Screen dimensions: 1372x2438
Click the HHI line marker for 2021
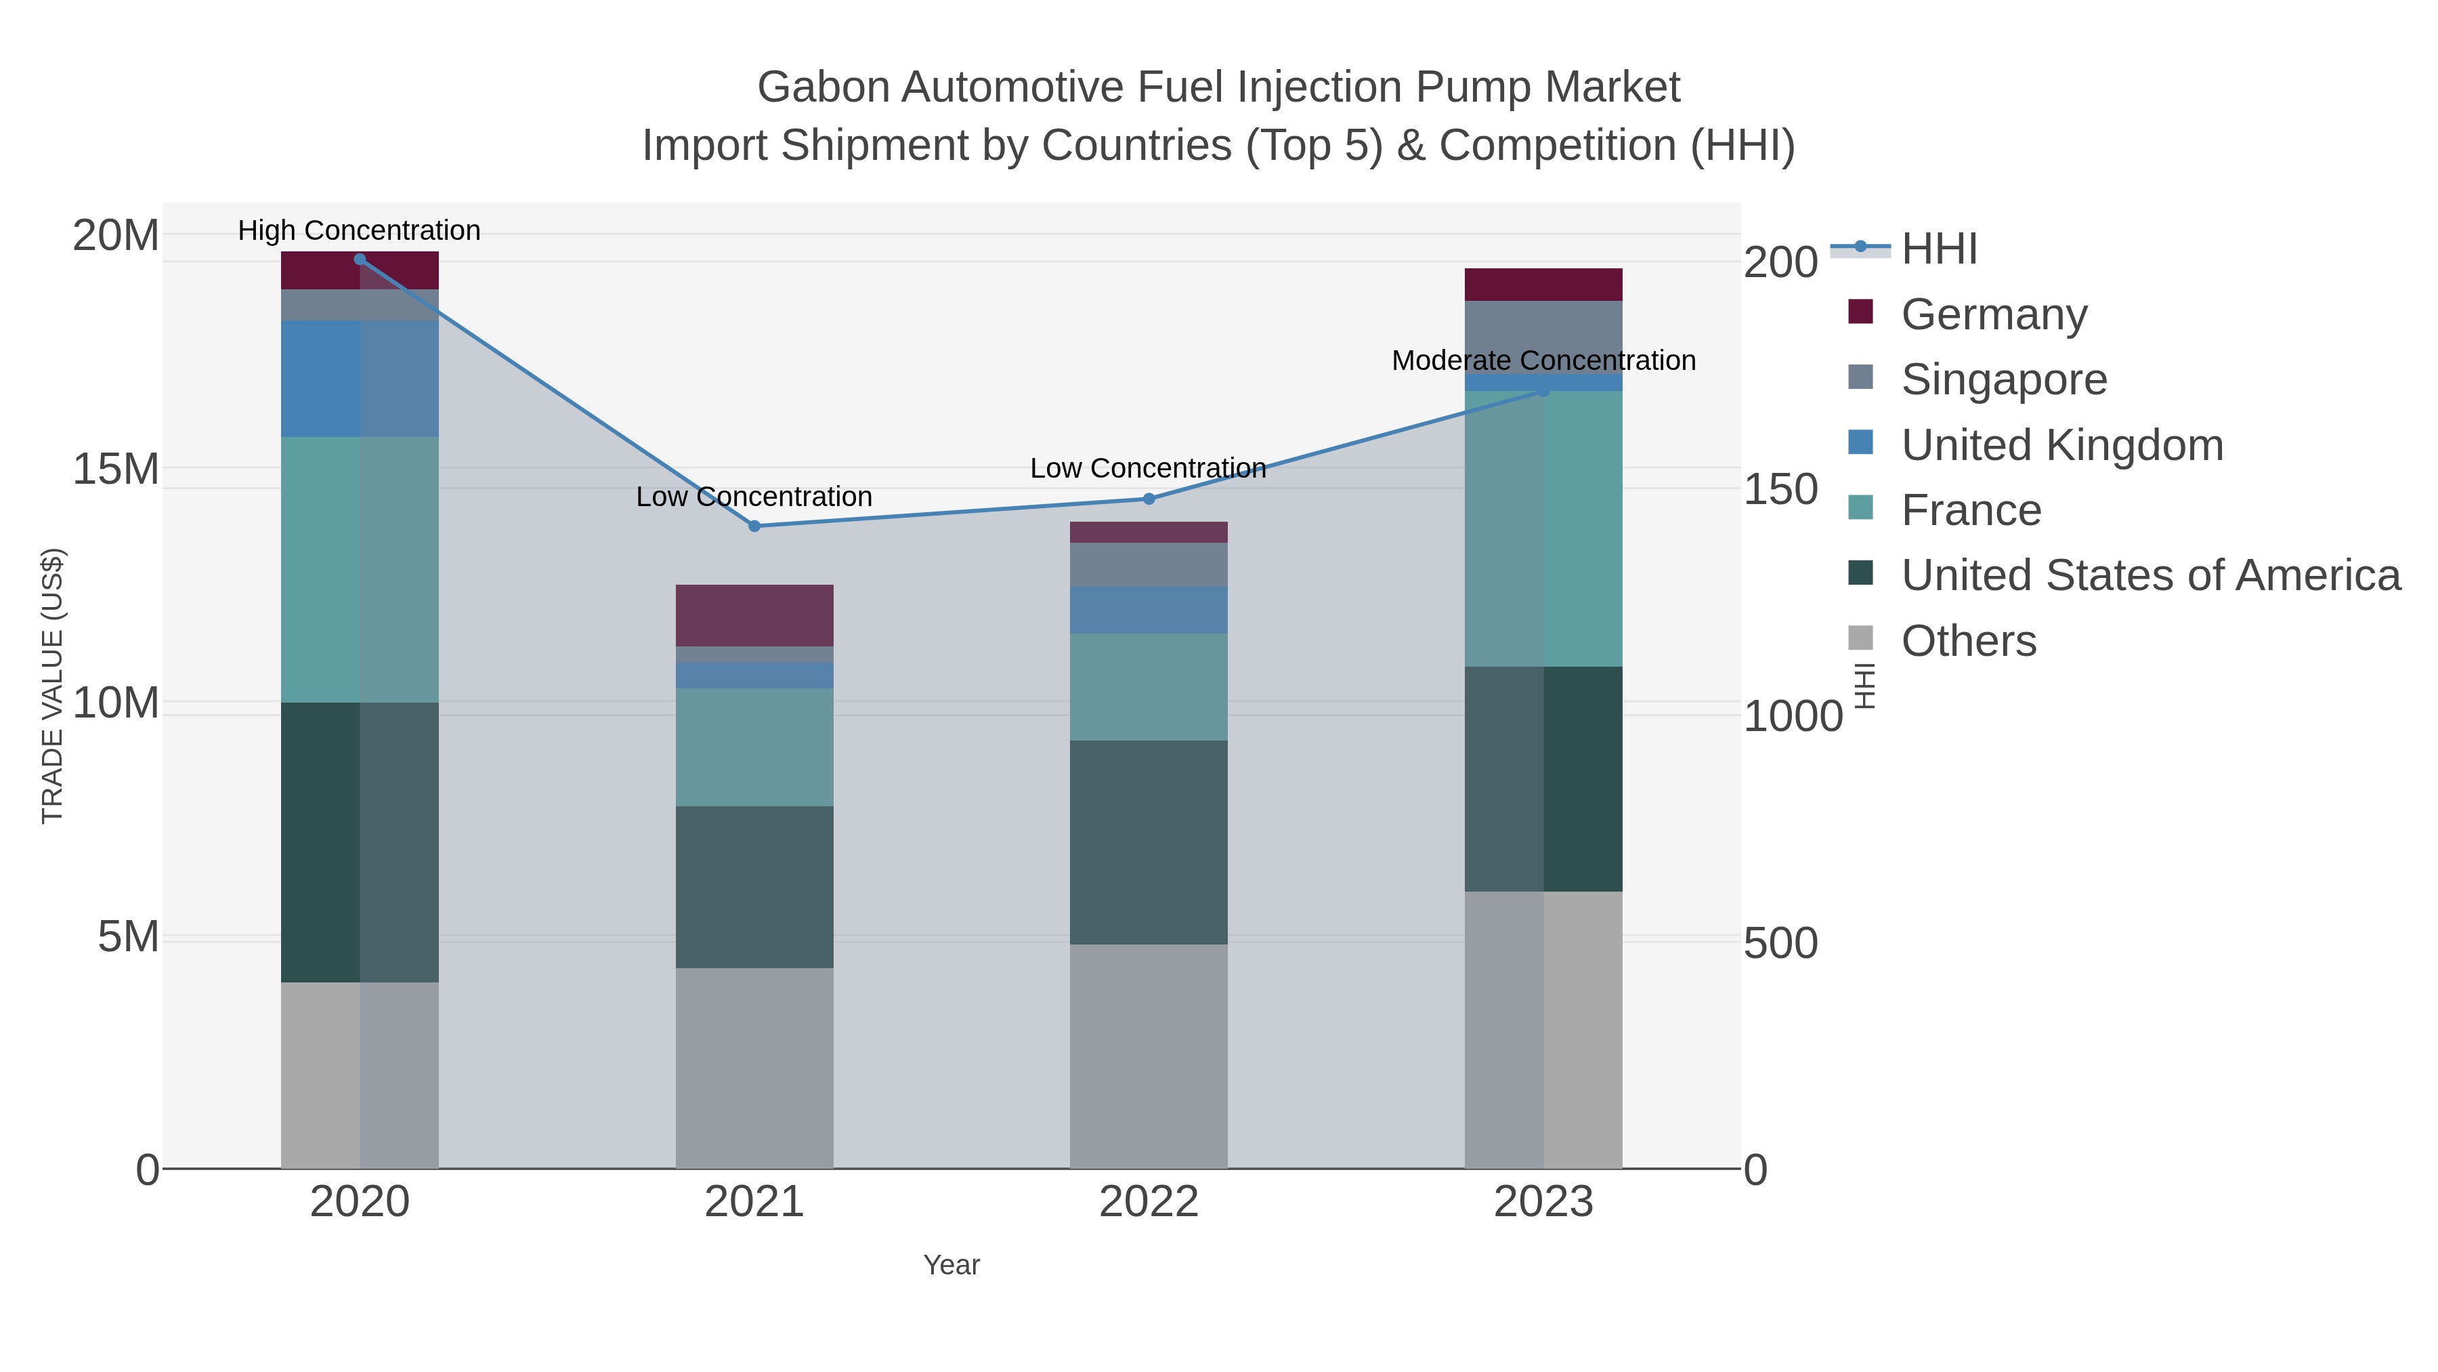[x=754, y=526]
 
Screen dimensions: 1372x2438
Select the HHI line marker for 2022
[x=1149, y=498]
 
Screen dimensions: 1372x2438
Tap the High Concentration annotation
[x=359, y=230]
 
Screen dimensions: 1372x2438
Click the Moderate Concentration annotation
[x=1543, y=360]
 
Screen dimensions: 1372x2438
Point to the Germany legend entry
[x=1993, y=314]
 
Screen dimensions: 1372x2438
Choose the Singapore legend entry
[x=2004, y=379]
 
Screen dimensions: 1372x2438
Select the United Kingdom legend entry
[x=2061, y=445]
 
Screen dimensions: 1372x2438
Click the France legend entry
[x=1971, y=510]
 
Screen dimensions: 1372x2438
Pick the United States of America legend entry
[x=2150, y=576]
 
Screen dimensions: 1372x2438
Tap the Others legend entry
[x=1969, y=641]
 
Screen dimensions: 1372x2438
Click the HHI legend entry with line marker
[x=1938, y=249]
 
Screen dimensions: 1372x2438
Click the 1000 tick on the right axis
[x=1793, y=716]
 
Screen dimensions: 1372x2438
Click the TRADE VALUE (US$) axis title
[x=53, y=686]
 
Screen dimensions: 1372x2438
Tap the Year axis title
[x=951, y=1265]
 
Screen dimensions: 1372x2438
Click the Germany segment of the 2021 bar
[x=754, y=615]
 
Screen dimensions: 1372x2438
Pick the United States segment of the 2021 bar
[x=754, y=886]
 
